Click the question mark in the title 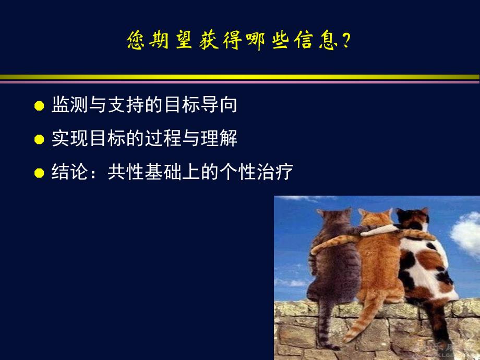point(345,41)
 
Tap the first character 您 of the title point(137,41)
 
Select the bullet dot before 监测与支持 point(39,106)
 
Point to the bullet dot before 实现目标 point(39,140)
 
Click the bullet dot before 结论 point(39,173)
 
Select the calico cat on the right point(423,261)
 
